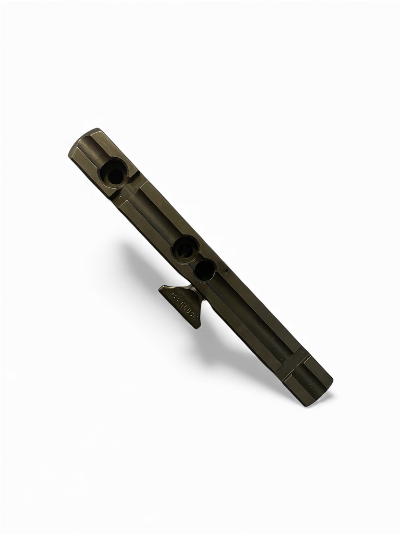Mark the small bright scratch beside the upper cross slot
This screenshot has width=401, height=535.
[x=120, y=197]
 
